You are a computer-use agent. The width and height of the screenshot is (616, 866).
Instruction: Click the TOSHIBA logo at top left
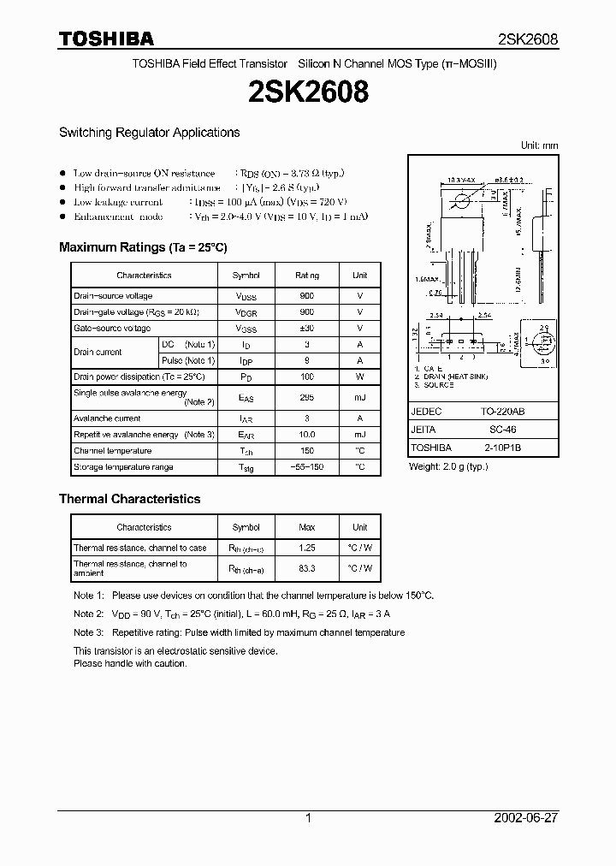click(106, 39)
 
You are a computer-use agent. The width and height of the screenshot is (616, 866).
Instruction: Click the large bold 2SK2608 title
click(309, 92)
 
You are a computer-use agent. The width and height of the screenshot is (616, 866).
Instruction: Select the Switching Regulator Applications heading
click(149, 133)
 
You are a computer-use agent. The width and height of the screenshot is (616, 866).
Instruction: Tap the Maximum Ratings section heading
click(143, 247)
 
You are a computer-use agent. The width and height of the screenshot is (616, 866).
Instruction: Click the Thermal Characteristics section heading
click(129, 499)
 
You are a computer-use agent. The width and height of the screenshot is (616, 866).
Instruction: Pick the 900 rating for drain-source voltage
click(307, 296)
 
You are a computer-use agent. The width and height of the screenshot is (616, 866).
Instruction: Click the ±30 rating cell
click(307, 329)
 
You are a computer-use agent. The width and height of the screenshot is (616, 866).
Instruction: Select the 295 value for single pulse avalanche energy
click(307, 397)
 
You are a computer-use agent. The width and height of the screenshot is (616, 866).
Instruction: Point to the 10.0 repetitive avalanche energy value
click(307, 435)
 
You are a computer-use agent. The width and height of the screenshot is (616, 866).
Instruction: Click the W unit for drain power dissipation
click(360, 377)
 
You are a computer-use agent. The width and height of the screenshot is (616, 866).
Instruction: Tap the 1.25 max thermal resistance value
click(307, 548)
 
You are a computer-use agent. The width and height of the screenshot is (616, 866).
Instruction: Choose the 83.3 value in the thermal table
click(307, 568)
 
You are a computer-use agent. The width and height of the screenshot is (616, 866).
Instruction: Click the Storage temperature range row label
click(123, 467)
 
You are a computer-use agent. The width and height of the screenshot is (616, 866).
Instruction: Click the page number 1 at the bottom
click(308, 818)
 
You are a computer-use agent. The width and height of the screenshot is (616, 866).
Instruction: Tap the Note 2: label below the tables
click(89, 614)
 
